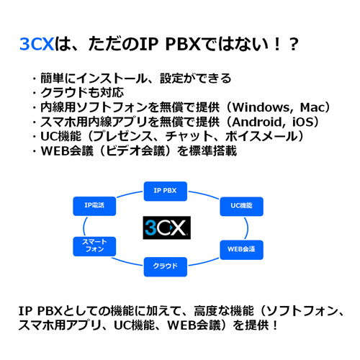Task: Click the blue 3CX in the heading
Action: (x=37, y=44)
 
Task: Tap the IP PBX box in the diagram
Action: (x=166, y=192)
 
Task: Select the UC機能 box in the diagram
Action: (x=241, y=207)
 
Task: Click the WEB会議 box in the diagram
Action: (x=241, y=250)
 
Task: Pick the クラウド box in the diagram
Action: (x=166, y=266)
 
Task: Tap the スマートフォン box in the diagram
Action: (x=94, y=246)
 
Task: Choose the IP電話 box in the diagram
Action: (x=94, y=206)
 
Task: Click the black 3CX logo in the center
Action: (x=167, y=228)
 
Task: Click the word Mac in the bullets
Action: (x=312, y=107)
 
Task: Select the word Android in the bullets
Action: (x=258, y=122)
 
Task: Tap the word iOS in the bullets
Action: (x=302, y=122)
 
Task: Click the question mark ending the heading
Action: (x=294, y=45)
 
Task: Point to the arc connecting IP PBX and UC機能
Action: (x=204, y=194)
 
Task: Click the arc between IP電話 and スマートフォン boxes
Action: (x=84, y=226)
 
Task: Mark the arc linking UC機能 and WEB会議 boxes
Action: (x=247, y=228)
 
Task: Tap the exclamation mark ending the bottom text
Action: (x=274, y=325)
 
